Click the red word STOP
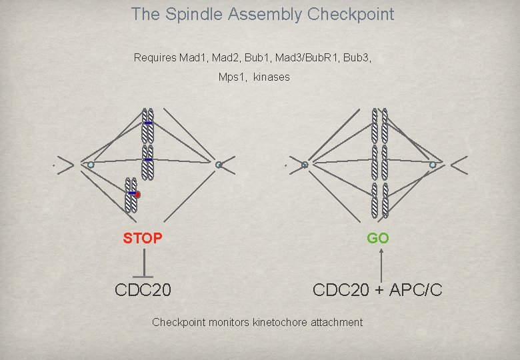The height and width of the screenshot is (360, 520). (x=143, y=238)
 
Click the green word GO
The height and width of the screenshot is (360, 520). (x=378, y=238)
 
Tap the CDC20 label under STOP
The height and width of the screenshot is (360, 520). (x=143, y=290)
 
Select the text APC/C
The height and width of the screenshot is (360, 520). (x=415, y=290)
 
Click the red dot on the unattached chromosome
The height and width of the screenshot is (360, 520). (x=138, y=194)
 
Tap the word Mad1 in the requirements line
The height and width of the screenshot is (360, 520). (x=194, y=58)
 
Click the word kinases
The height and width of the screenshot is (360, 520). (x=271, y=77)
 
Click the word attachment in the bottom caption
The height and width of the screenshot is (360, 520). (x=337, y=322)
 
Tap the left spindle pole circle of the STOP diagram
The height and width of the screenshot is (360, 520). (x=91, y=164)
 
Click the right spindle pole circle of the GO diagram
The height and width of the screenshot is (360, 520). (x=433, y=165)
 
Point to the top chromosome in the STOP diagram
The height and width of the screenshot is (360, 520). (x=147, y=124)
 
